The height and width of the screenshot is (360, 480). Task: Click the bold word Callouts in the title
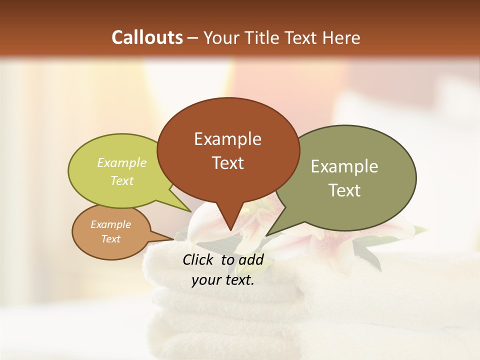pyautogui.click(x=147, y=37)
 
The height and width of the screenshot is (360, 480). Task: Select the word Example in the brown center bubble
pyautogui.click(x=227, y=139)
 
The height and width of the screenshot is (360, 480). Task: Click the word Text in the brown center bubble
pyautogui.click(x=227, y=162)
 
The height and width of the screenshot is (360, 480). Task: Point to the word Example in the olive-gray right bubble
pyautogui.click(x=344, y=166)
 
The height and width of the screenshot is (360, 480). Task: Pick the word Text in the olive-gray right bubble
pyautogui.click(x=344, y=190)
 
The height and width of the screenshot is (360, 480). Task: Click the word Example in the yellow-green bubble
pyautogui.click(x=122, y=162)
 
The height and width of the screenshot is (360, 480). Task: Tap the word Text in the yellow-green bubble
pyautogui.click(x=122, y=180)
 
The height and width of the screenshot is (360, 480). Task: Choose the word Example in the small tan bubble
pyautogui.click(x=110, y=224)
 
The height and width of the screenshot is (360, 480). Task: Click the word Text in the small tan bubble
pyautogui.click(x=110, y=239)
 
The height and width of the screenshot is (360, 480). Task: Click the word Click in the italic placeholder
pyautogui.click(x=198, y=259)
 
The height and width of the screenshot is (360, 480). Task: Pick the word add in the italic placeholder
pyautogui.click(x=251, y=259)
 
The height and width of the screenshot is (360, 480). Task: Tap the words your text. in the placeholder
pyautogui.click(x=223, y=280)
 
